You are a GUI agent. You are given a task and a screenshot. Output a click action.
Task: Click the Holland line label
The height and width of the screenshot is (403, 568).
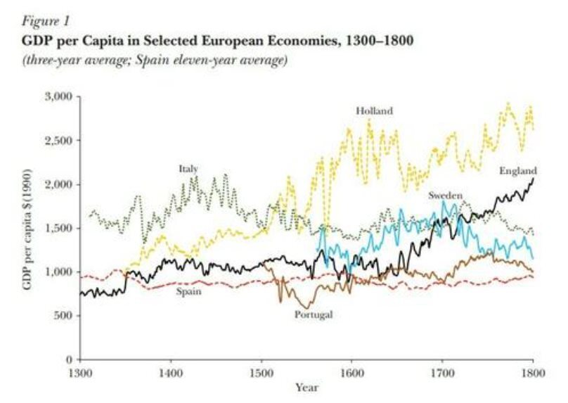tap(374, 110)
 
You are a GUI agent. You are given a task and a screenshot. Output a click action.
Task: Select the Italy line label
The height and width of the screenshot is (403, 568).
tap(188, 169)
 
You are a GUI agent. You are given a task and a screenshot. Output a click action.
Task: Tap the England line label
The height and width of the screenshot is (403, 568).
tap(518, 171)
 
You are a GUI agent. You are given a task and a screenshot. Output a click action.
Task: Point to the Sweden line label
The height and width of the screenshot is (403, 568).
tap(444, 195)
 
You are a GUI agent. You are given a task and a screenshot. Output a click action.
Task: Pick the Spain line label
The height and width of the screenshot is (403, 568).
tap(186, 290)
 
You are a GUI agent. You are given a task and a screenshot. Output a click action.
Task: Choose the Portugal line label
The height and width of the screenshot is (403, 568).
tap(313, 314)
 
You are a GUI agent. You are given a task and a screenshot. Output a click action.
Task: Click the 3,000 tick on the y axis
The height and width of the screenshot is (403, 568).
tap(60, 96)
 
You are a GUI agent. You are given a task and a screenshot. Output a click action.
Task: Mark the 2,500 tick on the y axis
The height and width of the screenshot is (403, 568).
tap(60, 141)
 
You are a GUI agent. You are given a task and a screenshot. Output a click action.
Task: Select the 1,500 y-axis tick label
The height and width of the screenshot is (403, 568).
tap(60, 229)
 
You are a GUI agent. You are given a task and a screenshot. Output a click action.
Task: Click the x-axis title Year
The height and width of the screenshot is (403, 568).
tap(306, 388)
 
